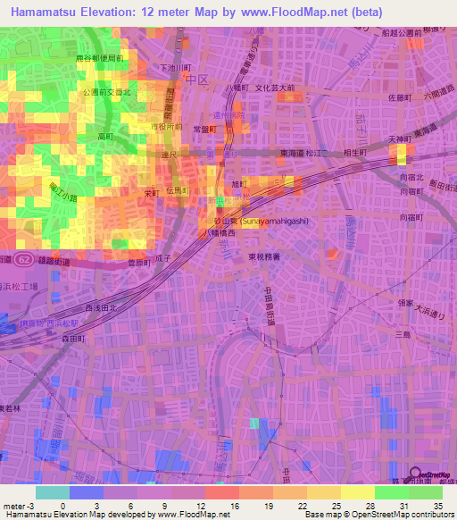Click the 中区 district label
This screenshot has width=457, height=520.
(194, 80)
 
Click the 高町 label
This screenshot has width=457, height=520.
(104, 137)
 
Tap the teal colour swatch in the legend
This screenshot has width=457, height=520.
(53, 492)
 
